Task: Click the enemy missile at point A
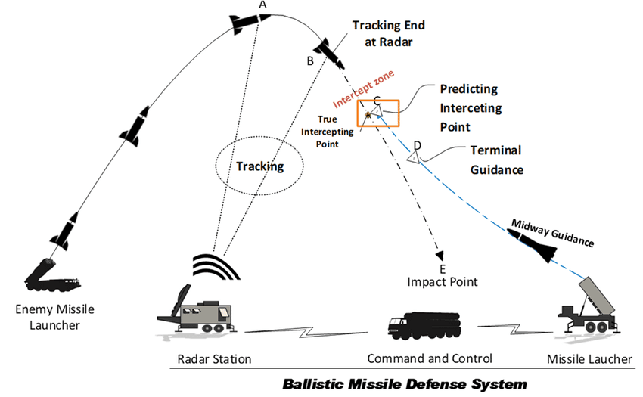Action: coord(250,24)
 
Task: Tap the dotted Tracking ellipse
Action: coord(259,166)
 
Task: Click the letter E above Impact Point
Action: coord(443,268)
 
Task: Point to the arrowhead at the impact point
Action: coord(440,256)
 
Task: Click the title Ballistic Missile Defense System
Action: coord(405,383)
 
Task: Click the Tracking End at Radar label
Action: coord(383,33)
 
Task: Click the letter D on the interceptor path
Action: coord(417,144)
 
